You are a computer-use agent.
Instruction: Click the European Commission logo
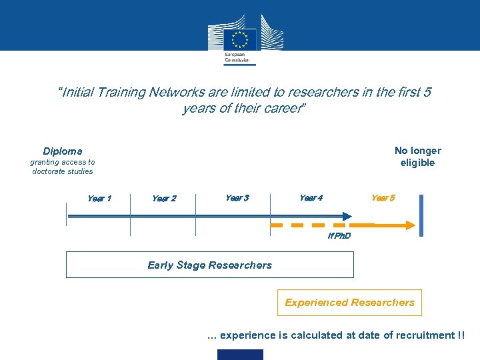(x=239, y=41)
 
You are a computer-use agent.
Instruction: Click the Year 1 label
(x=99, y=198)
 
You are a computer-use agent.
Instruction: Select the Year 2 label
(x=164, y=199)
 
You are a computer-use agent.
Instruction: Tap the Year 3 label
(x=237, y=198)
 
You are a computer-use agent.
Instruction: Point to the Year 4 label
(x=311, y=198)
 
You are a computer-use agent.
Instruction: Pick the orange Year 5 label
(x=383, y=198)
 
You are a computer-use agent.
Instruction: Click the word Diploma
(x=63, y=151)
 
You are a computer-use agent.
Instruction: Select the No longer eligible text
(x=417, y=157)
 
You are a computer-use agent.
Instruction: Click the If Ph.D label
(x=339, y=237)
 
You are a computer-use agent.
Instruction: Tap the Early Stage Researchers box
(x=209, y=265)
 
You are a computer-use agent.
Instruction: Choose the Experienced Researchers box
(x=349, y=303)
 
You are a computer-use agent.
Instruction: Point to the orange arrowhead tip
(x=414, y=226)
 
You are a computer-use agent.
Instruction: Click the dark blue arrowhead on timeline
(x=347, y=216)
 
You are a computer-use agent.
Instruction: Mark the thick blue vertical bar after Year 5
(x=421, y=215)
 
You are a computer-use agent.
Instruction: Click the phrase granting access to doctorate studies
(x=63, y=167)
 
